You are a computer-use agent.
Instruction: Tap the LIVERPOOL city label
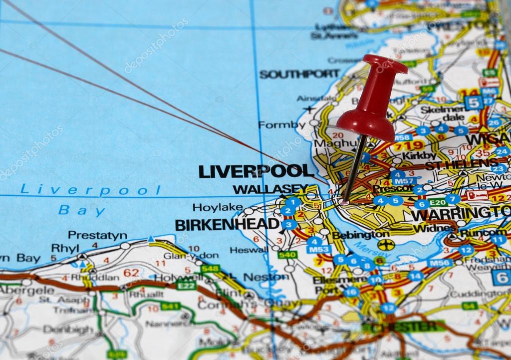[x=256, y=171]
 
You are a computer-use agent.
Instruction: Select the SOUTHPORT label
[x=299, y=74]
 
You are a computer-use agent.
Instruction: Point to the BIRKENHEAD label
[x=227, y=224]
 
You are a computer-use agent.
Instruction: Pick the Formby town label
[x=282, y=125]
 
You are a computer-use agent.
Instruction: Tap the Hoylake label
[x=218, y=207]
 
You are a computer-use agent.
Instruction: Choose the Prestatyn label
[x=97, y=235]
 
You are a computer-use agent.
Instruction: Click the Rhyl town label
[x=65, y=248]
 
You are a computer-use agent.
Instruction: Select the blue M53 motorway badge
[x=318, y=249]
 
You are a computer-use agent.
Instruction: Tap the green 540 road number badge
[x=287, y=255]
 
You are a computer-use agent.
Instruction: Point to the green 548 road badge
[x=210, y=269]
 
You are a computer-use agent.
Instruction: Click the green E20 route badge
[x=437, y=202]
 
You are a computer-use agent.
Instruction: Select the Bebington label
[x=360, y=234]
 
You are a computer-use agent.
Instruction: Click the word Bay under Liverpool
[x=82, y=210]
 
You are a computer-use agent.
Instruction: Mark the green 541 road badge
[x=170, y=306]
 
